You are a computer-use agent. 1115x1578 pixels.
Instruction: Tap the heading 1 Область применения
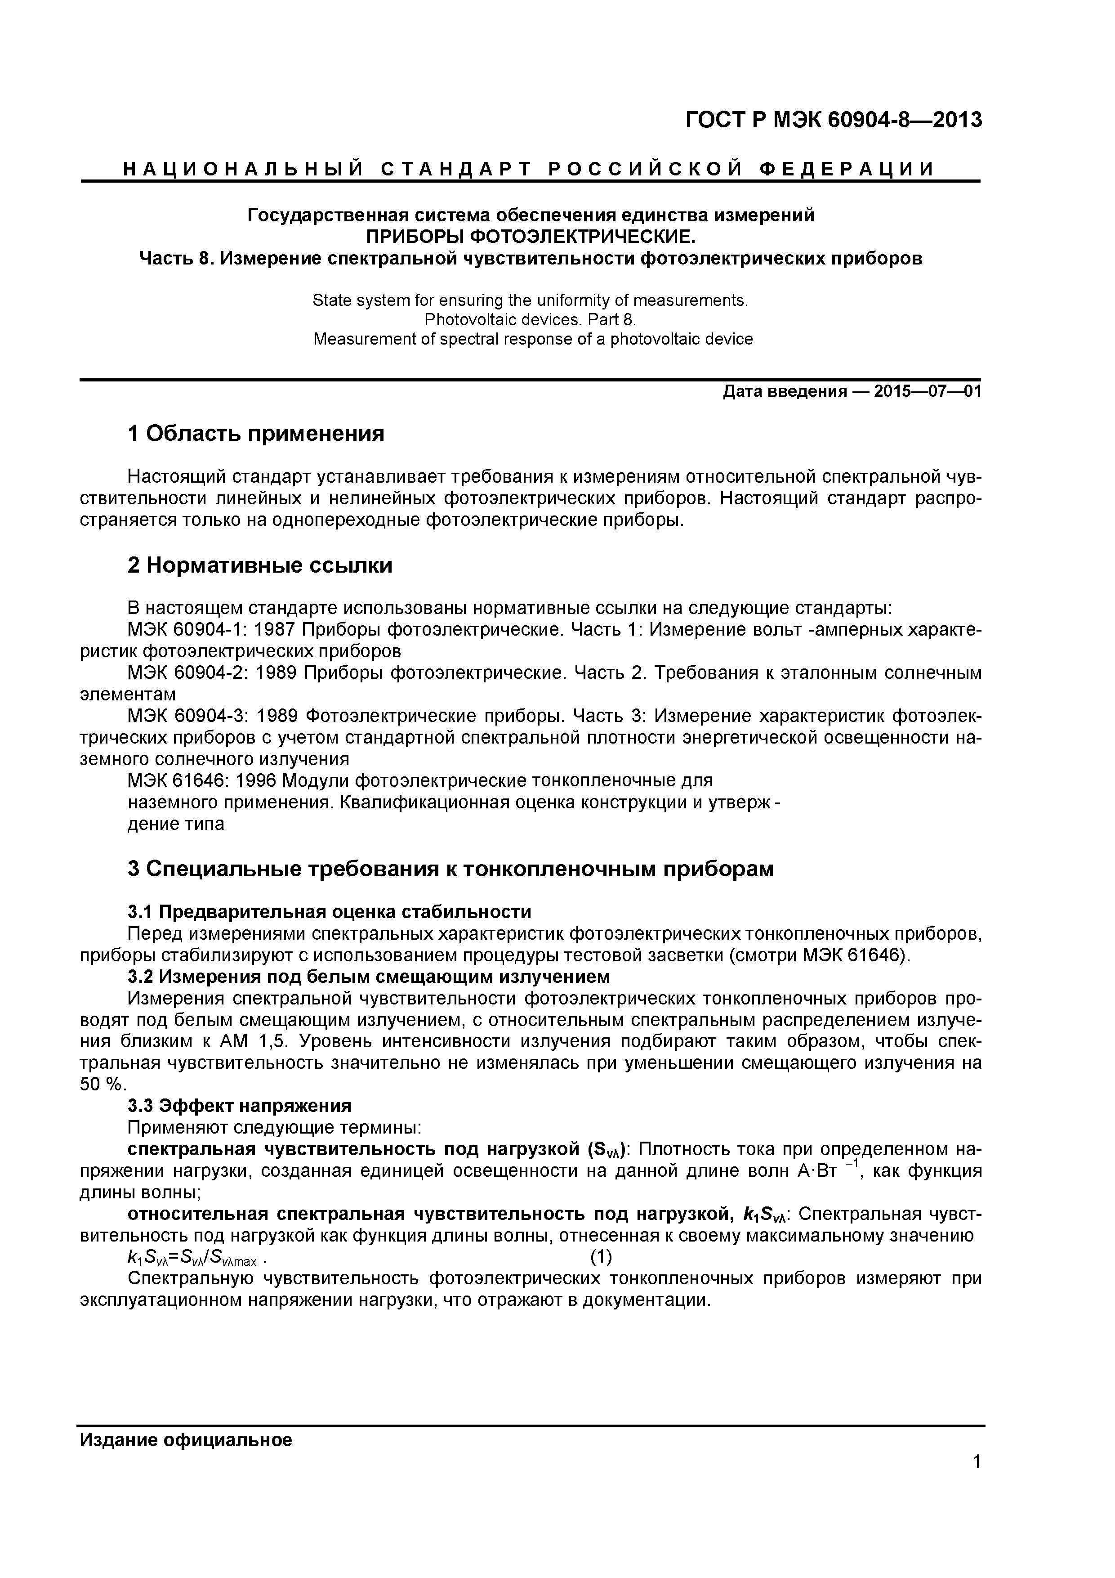click(x=255, y=434)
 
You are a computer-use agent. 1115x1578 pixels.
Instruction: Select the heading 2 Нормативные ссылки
click(x=260, y=565)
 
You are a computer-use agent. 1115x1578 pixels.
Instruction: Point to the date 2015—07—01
click(x=928, y=392)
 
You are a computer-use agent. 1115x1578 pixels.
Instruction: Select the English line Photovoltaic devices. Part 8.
click(x=531, y=319)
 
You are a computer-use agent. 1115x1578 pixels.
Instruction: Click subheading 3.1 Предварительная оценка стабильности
click(x=329, y=912)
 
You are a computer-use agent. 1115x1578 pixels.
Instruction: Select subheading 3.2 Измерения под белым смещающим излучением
click(x=368, y=977)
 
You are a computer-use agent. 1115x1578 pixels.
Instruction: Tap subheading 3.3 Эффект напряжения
click(x=239, y=1106)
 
